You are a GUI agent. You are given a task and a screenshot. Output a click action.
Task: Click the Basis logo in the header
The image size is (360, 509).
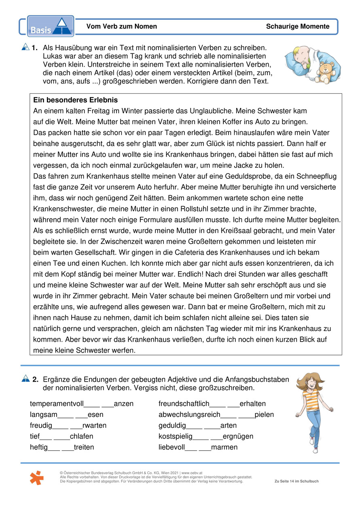point(51,26)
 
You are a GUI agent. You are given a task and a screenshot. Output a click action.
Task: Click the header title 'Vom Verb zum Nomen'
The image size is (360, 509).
point(121,27)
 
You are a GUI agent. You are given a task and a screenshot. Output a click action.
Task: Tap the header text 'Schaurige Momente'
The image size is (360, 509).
point(298,27)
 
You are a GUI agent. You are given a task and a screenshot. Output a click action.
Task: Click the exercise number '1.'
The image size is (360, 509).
point(35,48)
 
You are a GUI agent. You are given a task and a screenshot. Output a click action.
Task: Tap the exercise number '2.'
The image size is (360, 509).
point(35,379)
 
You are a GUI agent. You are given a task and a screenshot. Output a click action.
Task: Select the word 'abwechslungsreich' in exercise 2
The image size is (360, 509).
point(190,415)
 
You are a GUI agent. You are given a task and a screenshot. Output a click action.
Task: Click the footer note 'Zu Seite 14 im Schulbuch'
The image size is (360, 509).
point(296,481)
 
